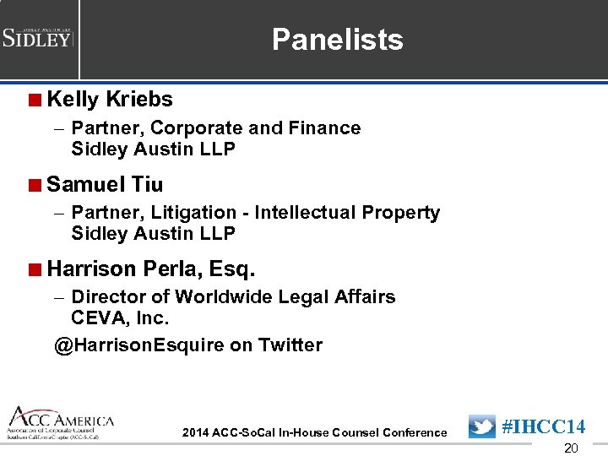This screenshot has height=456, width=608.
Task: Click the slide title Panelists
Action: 337,39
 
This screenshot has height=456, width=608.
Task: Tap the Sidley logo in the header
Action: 38,38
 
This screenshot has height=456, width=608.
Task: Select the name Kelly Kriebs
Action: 110,100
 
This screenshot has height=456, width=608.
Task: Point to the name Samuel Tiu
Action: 105,184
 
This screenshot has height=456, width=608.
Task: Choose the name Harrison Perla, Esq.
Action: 151,269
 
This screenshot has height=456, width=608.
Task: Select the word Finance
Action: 325,128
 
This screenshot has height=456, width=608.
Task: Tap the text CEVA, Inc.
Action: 120,318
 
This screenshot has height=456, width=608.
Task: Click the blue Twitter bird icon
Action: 481,426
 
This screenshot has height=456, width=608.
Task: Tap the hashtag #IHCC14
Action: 543,426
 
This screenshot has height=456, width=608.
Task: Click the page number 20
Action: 571,448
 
